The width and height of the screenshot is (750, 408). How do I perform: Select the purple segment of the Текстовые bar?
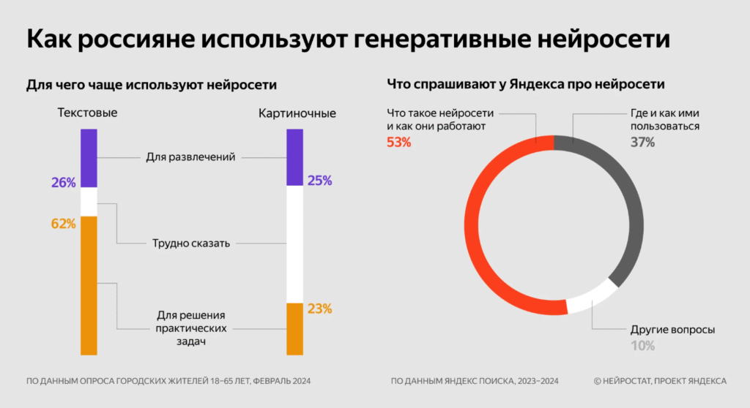tap(89, 158)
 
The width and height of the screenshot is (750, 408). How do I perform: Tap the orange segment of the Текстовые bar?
tap(89, 285)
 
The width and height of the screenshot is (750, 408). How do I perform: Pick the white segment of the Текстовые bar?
tap(89, 202)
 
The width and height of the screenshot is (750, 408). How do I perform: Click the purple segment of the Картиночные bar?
tap(294, 156)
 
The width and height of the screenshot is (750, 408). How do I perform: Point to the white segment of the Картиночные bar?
tap(294, 245)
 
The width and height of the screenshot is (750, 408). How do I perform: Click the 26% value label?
tap(64, 183)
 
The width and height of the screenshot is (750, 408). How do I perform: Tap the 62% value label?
tap(64, 224)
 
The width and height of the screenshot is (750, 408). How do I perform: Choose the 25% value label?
tap(320, 180)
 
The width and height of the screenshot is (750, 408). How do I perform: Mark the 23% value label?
tap(320, 309)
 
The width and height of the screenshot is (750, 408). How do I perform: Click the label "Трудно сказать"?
tap(191, 243)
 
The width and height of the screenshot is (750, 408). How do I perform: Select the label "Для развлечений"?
tap(190, 156)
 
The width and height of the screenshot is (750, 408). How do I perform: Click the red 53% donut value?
tap(398, 143)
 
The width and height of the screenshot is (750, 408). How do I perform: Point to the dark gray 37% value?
tap(642, 143)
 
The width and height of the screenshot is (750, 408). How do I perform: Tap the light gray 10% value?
tap(642, 346)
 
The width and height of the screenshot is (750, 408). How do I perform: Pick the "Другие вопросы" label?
tap(672, 330)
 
